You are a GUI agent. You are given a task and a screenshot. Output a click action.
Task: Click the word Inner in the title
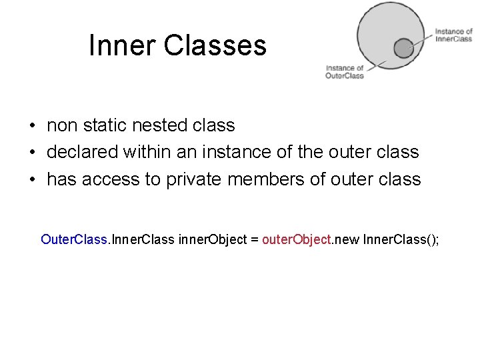121,46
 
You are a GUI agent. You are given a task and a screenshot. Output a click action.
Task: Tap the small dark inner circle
403,48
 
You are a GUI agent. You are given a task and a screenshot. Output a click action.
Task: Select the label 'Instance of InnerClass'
453,35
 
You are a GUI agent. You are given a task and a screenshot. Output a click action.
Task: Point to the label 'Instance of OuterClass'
345,71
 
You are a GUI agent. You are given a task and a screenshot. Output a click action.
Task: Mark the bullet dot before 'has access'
32,180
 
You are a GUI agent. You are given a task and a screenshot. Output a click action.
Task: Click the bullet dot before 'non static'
32,126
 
